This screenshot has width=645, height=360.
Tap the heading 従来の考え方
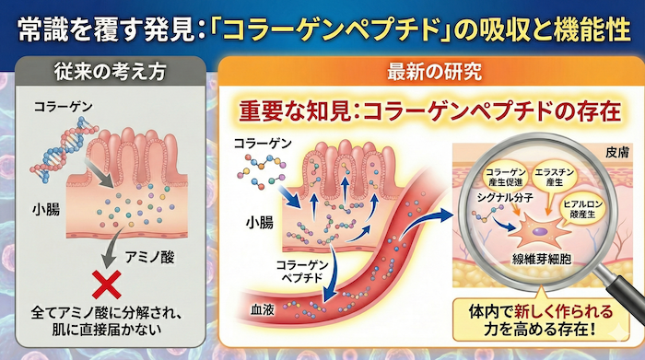[111, 70]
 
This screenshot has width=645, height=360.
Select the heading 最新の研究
[430, 70]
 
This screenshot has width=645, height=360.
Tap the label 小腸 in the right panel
[258, 222]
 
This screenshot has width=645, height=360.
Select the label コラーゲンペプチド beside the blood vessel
[297, 272]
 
